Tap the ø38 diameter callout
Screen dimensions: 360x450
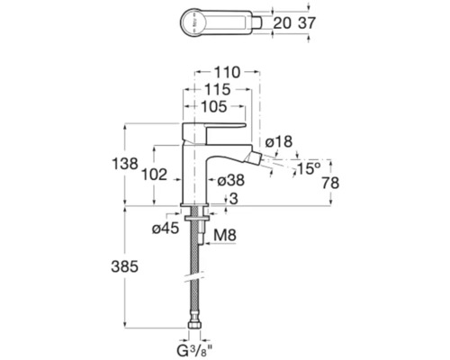point(234,181)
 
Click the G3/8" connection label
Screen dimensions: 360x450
point(194,346)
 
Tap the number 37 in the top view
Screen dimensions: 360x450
point(305,21)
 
